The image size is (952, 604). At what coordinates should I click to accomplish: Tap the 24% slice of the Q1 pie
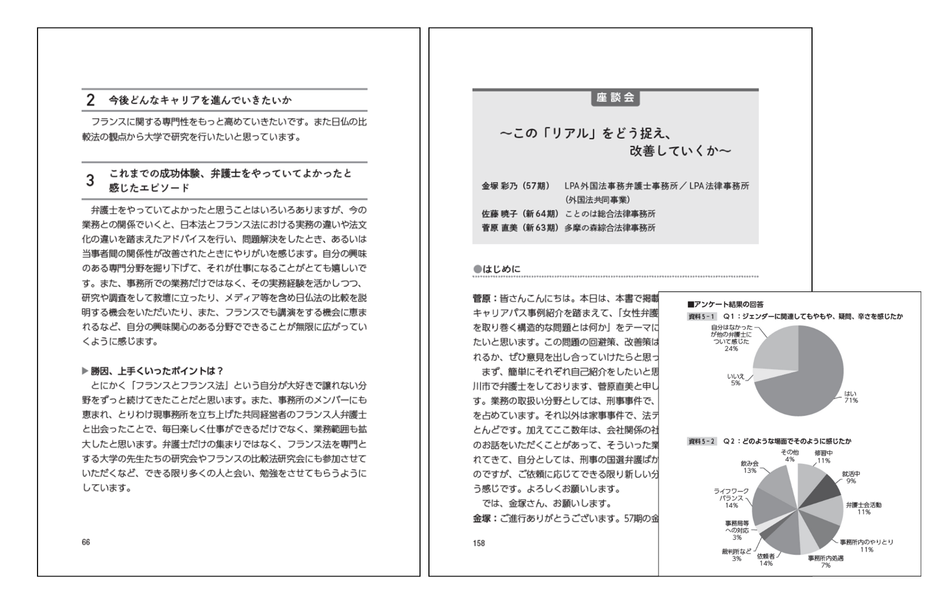point(776,347)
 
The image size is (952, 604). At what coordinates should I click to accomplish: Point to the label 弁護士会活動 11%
point(864,508)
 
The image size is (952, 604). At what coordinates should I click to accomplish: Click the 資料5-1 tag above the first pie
point(702,317)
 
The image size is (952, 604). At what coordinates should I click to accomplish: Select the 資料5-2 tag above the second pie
point(702,442)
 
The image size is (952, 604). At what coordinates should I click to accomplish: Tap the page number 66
point(86,542)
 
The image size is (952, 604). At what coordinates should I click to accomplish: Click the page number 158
point(479,543)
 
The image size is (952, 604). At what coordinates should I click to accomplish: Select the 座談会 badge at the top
point(615,97)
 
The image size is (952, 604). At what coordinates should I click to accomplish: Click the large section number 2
point(90,100)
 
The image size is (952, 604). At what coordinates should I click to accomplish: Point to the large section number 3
point(90,180)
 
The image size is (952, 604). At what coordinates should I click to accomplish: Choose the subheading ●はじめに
point(497,270)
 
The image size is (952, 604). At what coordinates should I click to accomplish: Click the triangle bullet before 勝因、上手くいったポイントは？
point(85,371)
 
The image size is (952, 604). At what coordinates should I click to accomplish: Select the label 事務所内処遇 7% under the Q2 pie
point(825,561)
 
